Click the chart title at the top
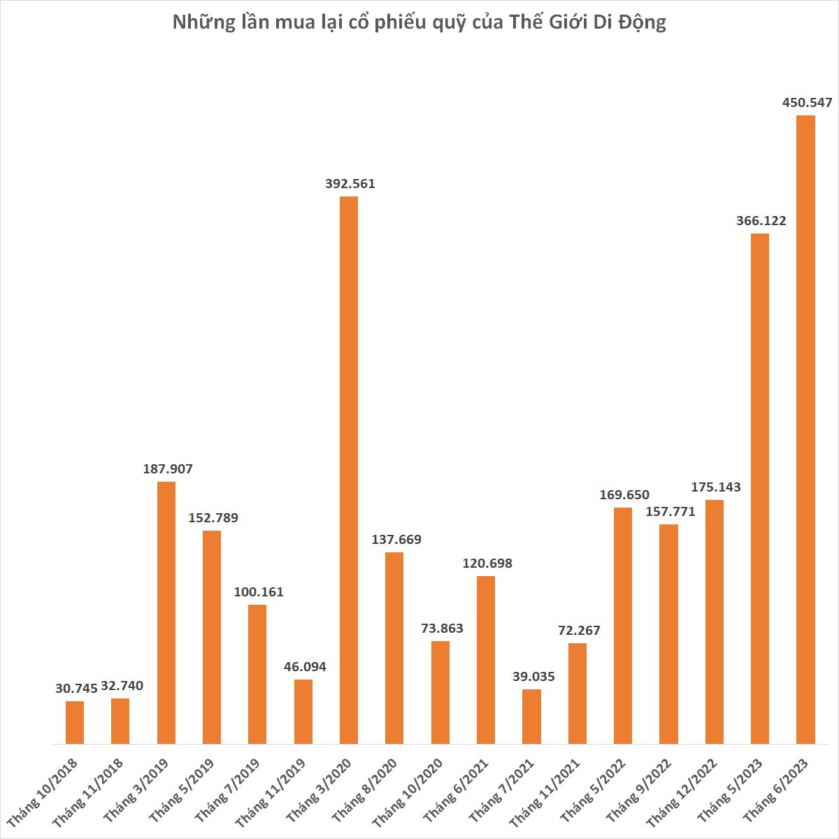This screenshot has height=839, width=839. tap(419, 23)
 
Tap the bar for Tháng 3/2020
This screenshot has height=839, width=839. tap(349, 470)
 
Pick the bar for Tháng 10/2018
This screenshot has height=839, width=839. tap(75, 722)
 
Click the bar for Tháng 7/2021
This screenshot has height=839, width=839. tap(531, 717)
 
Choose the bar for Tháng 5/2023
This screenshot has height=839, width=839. tap(760, 488)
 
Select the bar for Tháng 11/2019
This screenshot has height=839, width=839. tap(303, 711)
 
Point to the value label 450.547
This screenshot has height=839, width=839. tap(807, 103)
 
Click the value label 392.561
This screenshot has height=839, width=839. tap(350, 184)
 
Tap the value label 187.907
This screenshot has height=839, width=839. tap(167, 469)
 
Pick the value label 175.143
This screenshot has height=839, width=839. tap(715, 487)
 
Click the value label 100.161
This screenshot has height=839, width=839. tap(259, 592)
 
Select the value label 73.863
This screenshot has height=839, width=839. tap(442, 629)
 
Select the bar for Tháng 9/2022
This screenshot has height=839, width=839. tap(668, 633)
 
